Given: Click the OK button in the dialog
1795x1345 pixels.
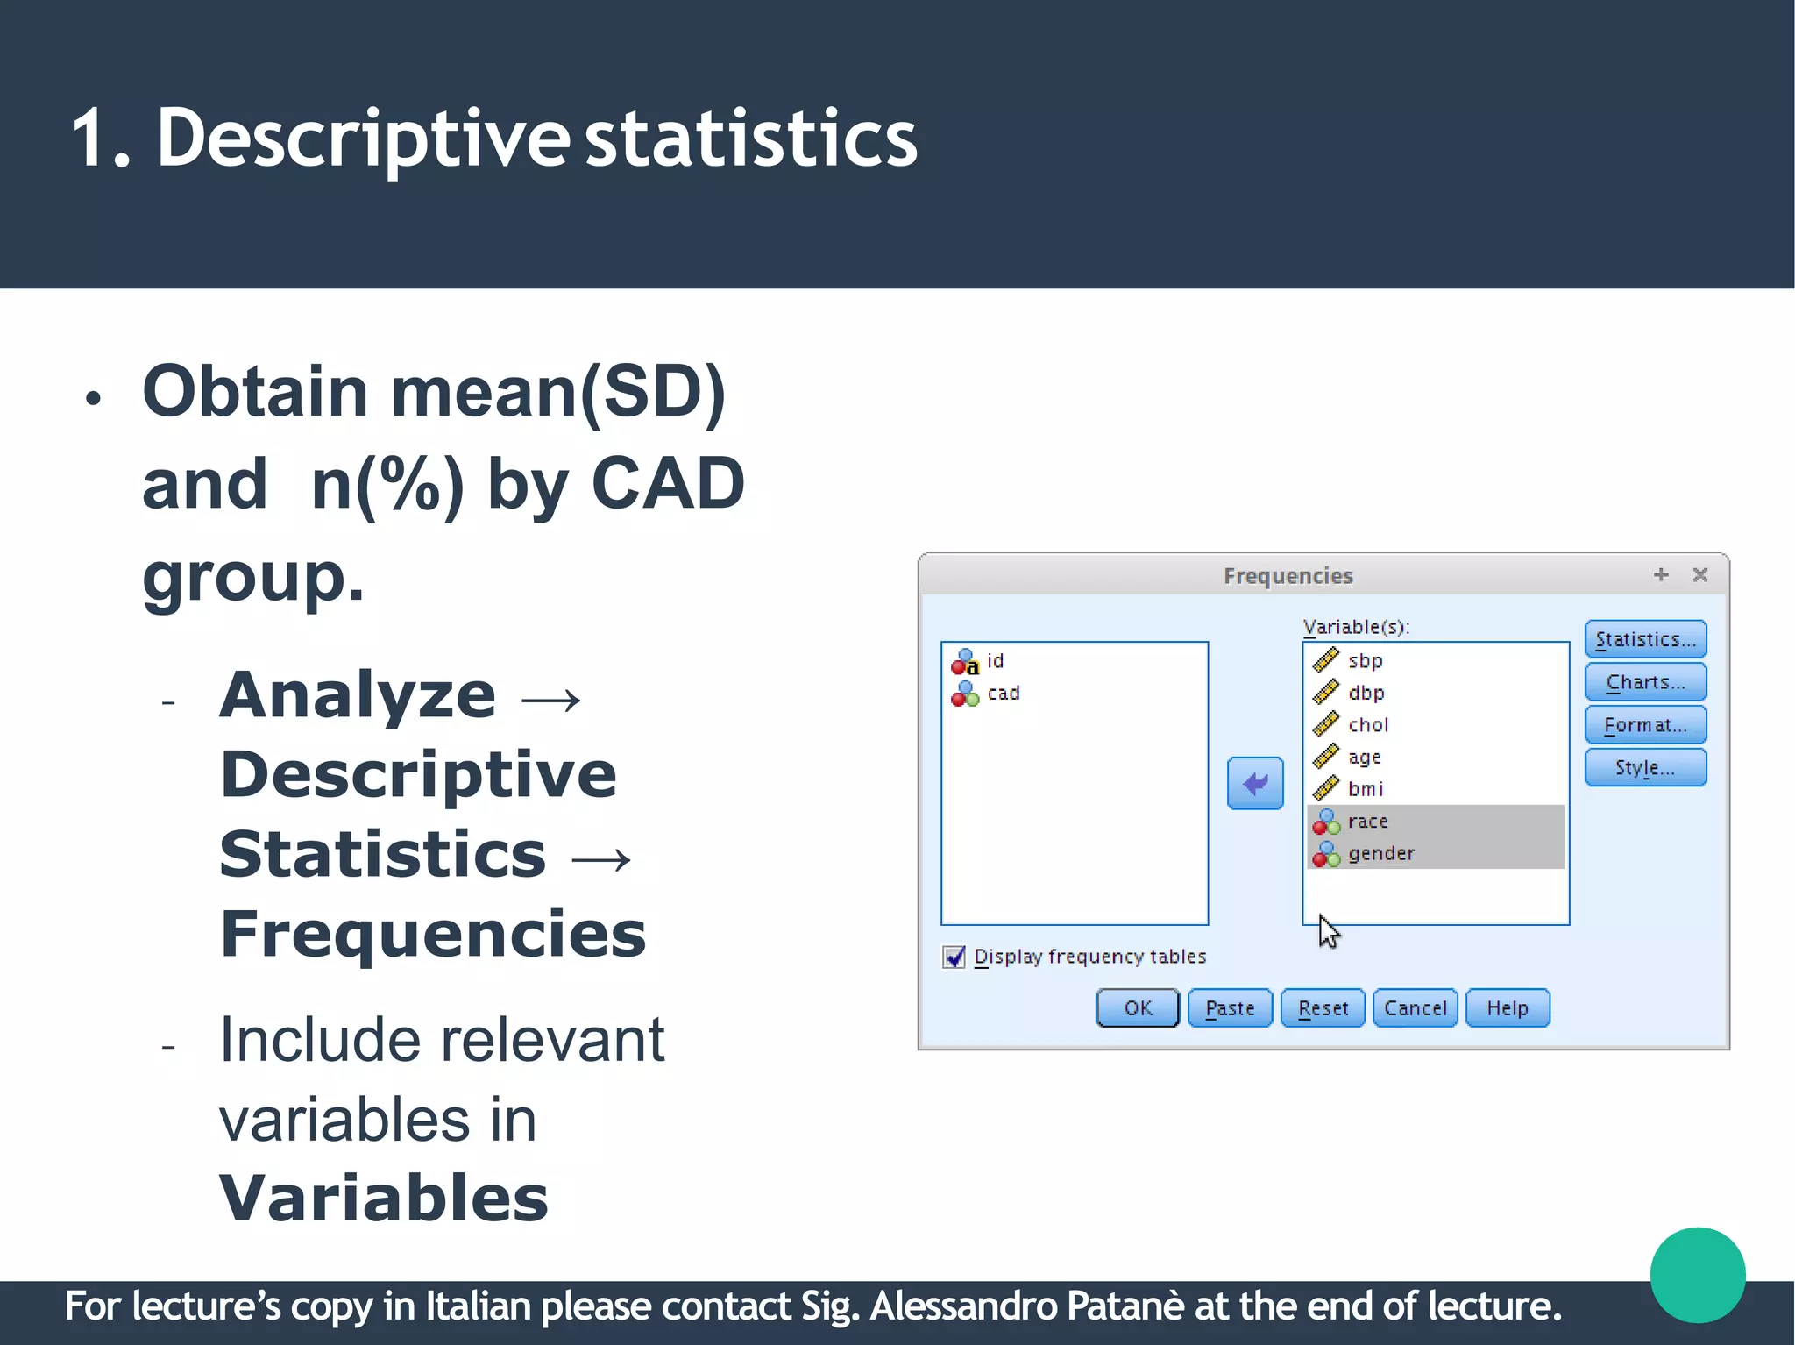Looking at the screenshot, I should pos(1137,1008).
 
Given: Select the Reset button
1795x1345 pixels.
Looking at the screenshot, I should pos(1322,1008).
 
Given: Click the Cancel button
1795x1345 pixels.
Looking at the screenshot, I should pos(1415,1008).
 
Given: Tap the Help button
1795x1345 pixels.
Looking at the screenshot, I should pos(1507,1008).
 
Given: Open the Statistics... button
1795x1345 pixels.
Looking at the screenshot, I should pos(1644,639).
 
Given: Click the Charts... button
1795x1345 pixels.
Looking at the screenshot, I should pos(1644,682).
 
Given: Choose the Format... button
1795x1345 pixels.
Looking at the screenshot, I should pos(1644,725).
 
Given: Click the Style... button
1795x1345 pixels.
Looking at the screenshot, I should pos(1644,768).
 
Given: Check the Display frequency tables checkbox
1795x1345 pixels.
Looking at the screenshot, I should pos(954,957).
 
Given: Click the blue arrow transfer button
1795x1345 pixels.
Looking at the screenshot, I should pos(1254,783).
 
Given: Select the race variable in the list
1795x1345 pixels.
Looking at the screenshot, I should pos(1367,822).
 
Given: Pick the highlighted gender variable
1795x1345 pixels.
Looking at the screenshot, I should pos(1380,853).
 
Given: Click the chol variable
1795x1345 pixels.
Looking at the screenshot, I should pos(1367,725).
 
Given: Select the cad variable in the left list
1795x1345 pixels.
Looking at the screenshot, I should pos(1003,694).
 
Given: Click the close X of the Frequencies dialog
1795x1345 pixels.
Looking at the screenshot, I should pos(1699,575).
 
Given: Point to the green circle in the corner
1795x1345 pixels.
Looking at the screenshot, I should pos(1697,1274).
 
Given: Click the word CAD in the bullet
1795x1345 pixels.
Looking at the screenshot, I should pos(668,483).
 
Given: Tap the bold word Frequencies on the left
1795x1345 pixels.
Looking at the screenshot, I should pos(433,935).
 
